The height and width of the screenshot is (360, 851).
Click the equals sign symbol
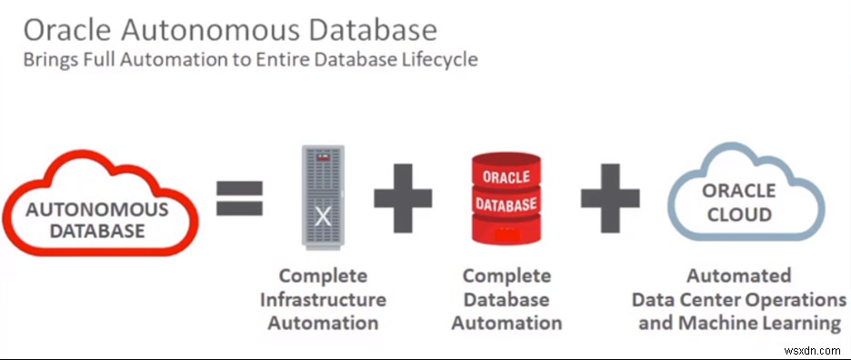tap(239, 198)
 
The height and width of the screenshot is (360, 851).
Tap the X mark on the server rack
tap(323, 215)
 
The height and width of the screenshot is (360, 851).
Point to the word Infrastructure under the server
tap(323, 299)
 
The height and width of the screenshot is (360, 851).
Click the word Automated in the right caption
tap(739, 275)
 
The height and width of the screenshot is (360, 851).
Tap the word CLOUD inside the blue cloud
tap(739, 215)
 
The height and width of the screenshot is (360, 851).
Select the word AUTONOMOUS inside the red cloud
tap(98, 209)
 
